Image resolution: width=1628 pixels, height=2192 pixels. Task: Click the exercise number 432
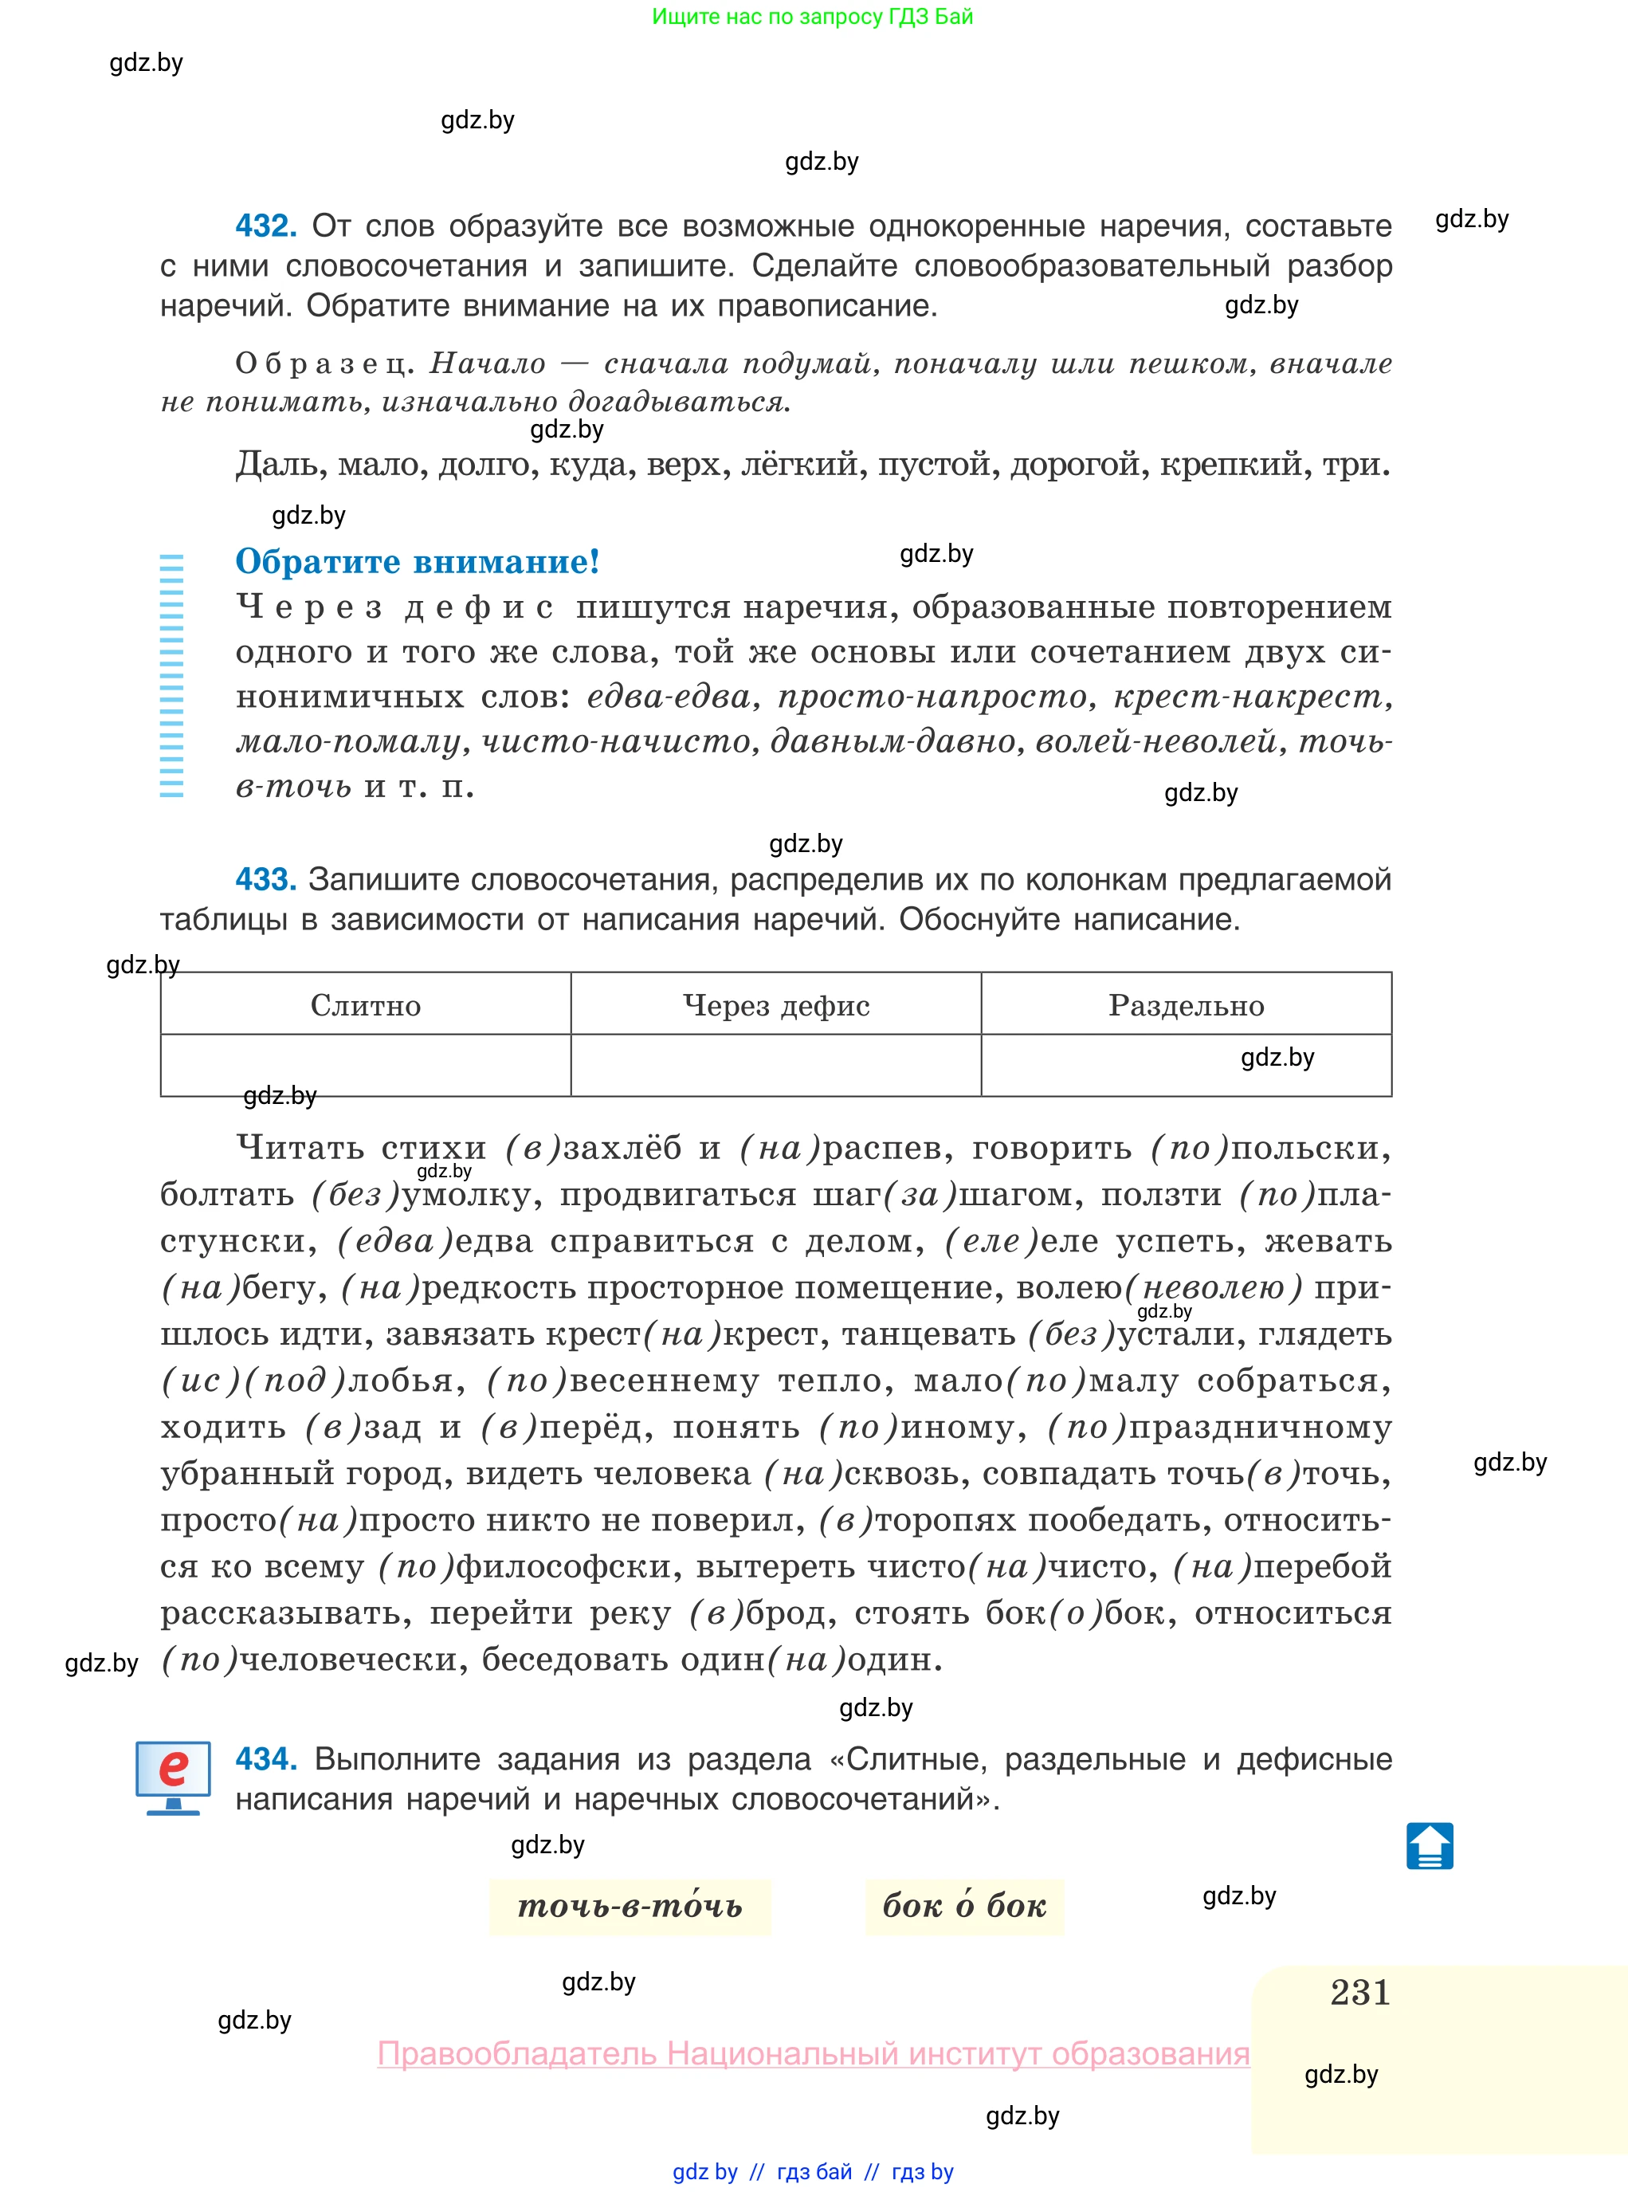[265, 226]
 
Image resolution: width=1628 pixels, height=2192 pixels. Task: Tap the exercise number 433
[265, 879]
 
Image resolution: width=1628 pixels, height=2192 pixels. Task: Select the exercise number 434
[265, 1758]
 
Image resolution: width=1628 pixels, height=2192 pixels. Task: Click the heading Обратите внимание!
[417, 562]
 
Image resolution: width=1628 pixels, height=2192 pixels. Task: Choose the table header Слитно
[366, 1005]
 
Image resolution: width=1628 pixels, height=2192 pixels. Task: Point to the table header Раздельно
[1186, 1005]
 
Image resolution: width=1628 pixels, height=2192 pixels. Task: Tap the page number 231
[1360, 1993]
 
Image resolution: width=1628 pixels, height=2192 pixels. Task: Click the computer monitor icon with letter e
[174, 1776]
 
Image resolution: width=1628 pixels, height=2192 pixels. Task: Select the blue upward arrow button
[1429, 1846]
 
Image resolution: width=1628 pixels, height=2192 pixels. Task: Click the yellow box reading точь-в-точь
[630, 1906]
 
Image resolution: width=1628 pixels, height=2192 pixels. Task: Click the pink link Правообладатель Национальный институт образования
[813, 2053]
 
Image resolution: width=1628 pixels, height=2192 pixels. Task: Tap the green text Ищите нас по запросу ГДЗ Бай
[812, 17]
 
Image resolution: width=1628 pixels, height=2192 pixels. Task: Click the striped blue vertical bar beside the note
[171, 675]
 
